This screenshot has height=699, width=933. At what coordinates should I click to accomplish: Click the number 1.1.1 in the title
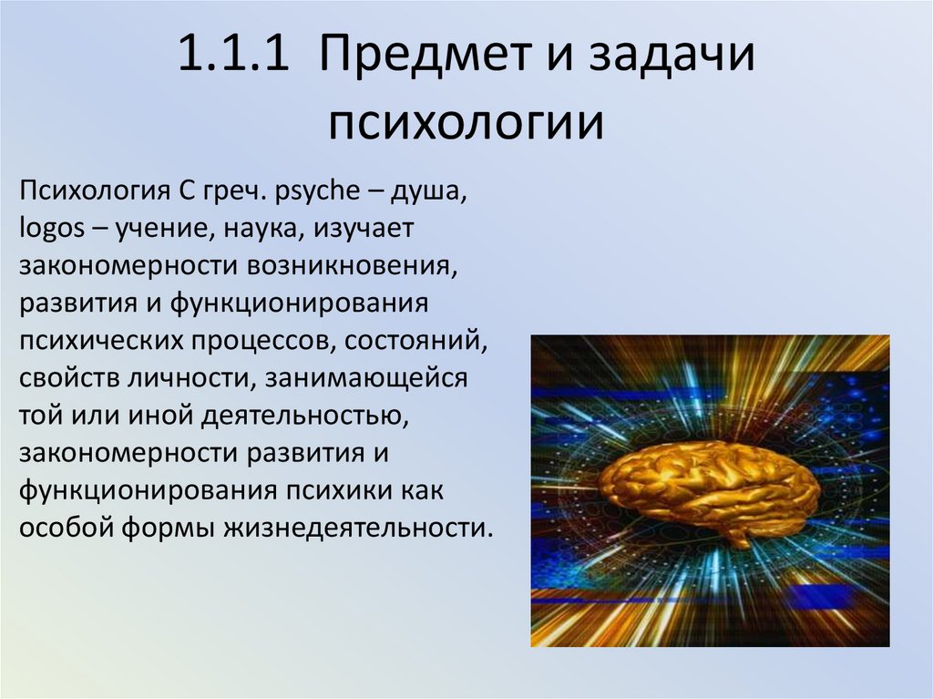[x=234, y=57]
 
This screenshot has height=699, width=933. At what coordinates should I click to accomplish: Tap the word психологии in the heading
[x=466, y=123]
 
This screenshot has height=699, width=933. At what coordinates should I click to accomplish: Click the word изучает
[x=364, y=230]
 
